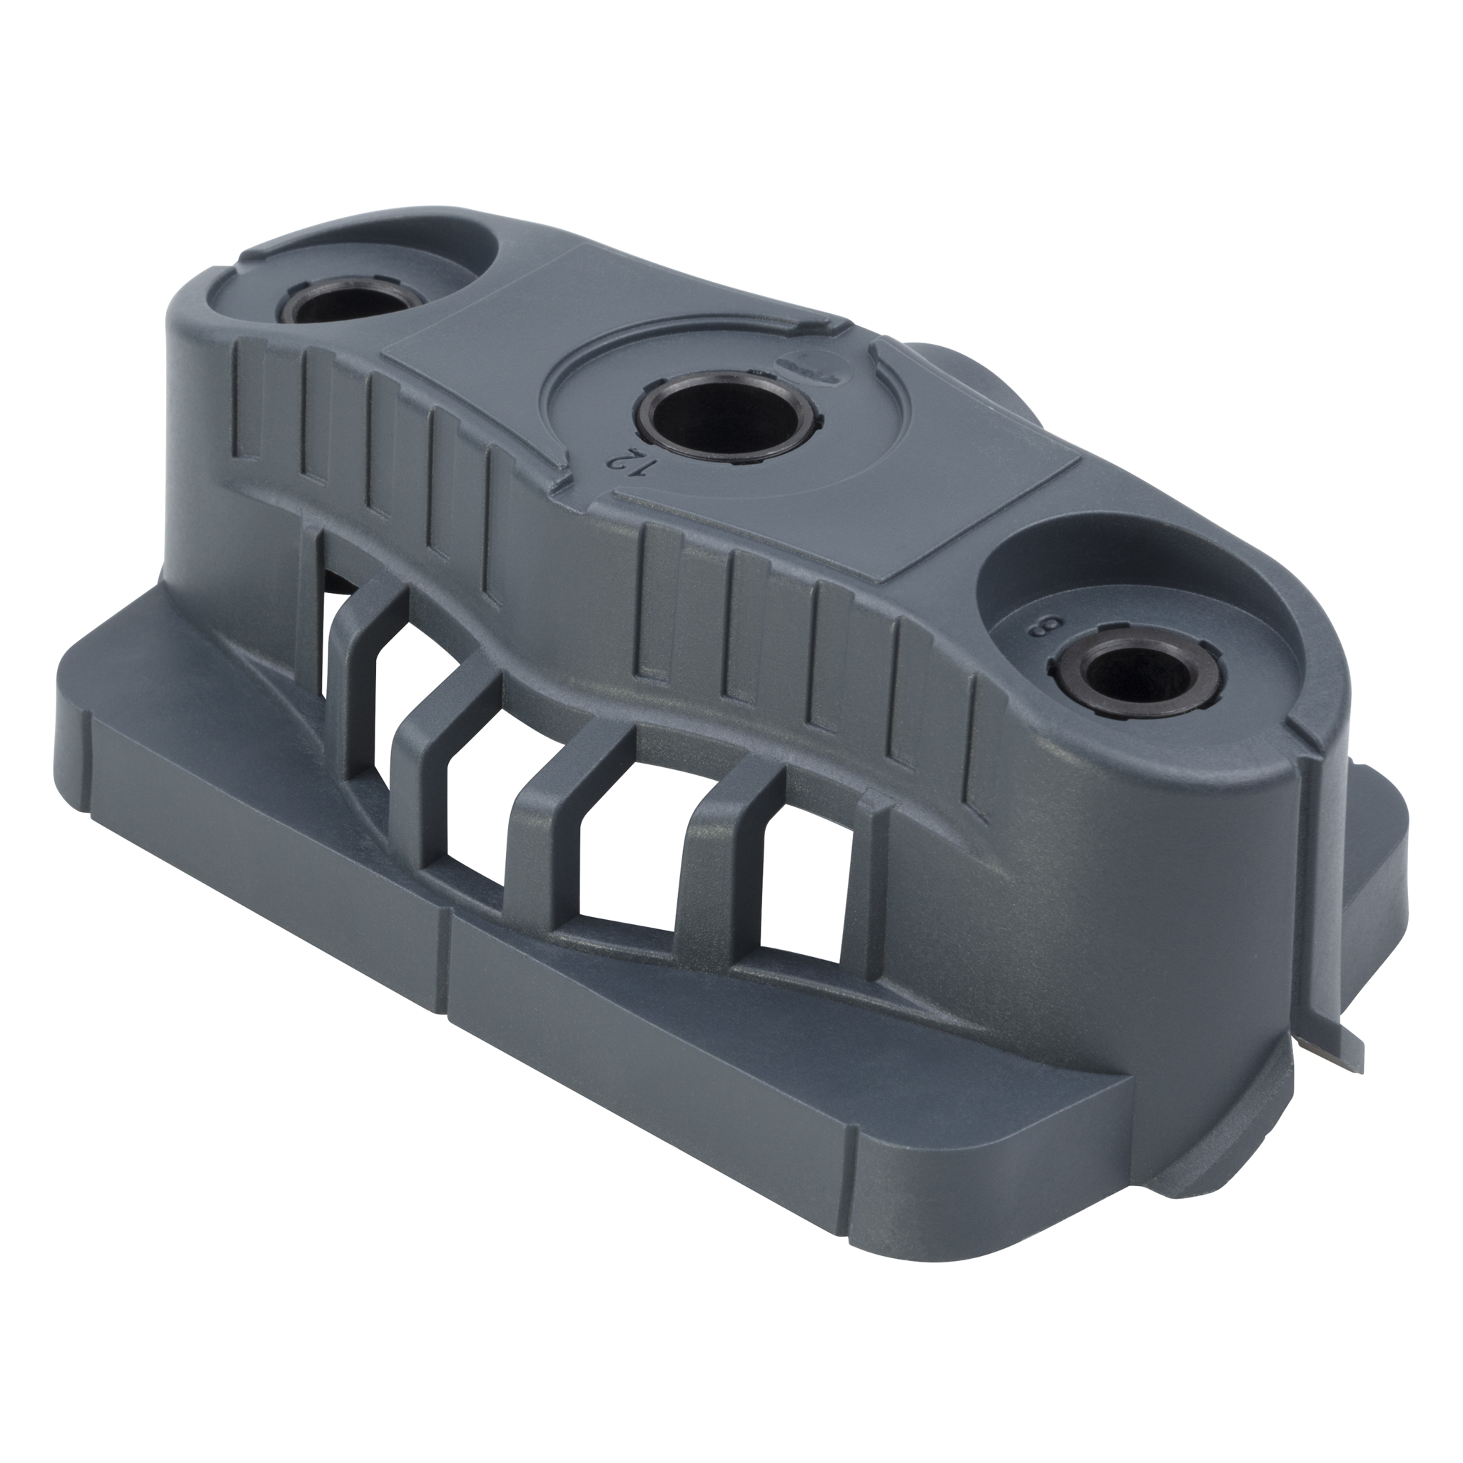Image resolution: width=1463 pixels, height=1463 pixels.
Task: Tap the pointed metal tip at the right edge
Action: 1355,1062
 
